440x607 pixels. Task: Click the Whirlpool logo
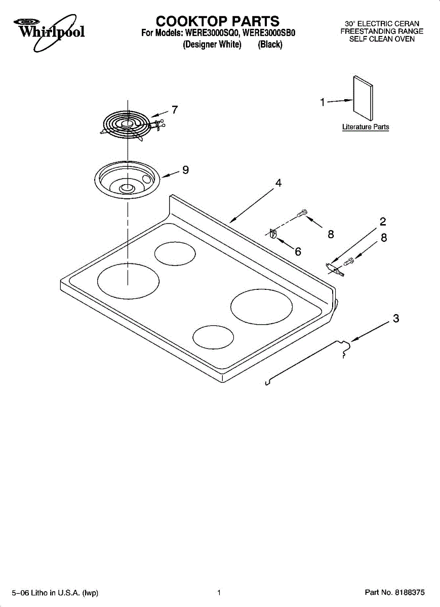tap(49, 32)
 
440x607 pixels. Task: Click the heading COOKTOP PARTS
tap(218, 21)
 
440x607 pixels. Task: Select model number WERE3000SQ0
tap(212, 33)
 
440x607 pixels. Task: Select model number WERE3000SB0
tap(268, 33)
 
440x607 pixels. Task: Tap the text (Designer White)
tap(212, 44)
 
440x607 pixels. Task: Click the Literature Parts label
tap(366, 127)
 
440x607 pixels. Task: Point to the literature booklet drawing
tap(363, 98)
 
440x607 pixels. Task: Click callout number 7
tap(175, 110)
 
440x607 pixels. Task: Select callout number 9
tap(185, 170)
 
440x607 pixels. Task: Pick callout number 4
tap(278, 183)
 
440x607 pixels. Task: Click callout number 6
tap(298, 252)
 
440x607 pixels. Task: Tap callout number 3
tap(396, 318)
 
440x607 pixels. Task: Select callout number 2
tap(383, 222)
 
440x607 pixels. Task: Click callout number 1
tap(323, 102)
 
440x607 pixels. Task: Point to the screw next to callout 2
tap(349, 262)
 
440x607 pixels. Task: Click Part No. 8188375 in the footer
tap(395, 592)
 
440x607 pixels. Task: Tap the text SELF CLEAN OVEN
tap(382, 39)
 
